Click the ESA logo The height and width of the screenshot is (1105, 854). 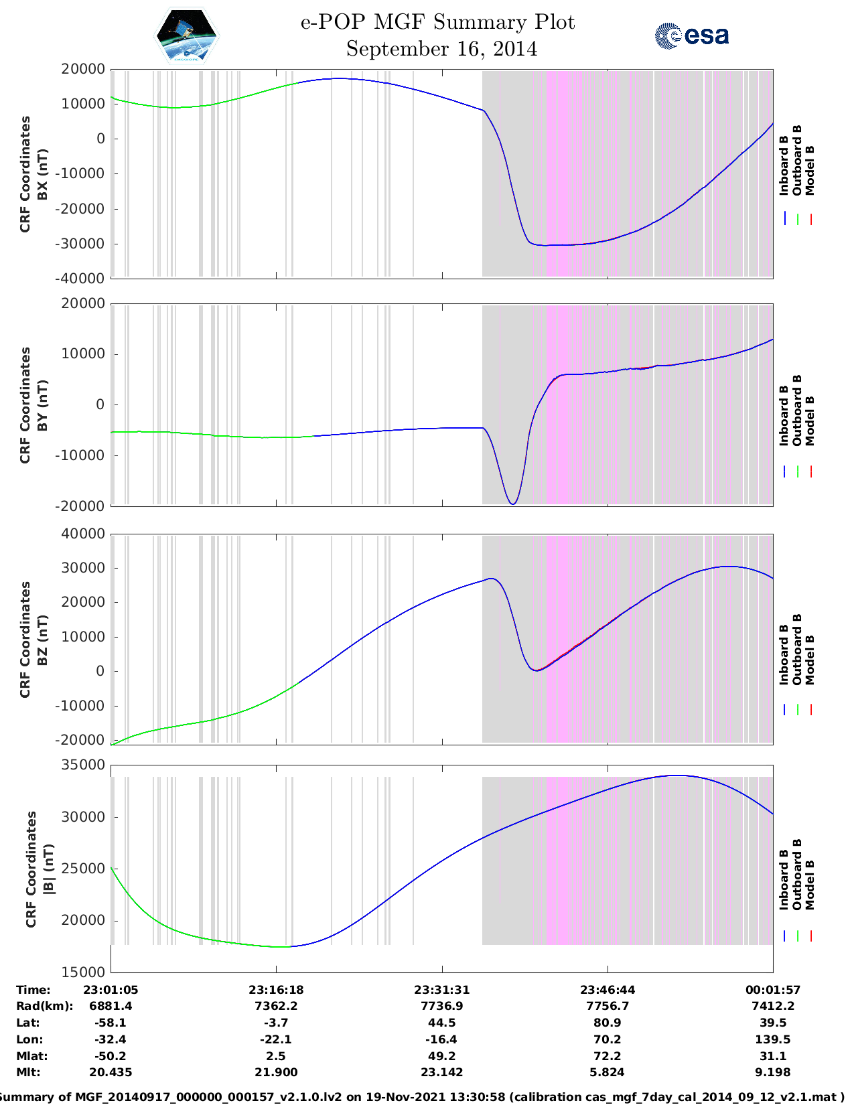(692, 35)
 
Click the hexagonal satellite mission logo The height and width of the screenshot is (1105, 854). (186, 35)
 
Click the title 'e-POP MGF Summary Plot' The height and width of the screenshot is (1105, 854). (438, 22)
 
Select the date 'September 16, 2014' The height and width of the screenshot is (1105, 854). (441, 49)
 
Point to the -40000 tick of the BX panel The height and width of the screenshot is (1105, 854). (79, 279)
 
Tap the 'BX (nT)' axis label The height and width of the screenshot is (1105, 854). (43, 174)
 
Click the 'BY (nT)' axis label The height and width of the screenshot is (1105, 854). (43, 405)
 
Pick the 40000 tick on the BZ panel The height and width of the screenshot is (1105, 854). (83, 534)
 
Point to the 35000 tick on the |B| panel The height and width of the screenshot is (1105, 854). (83, 765)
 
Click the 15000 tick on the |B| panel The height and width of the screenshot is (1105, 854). (83, 972)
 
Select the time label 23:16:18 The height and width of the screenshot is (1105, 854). (276, 990)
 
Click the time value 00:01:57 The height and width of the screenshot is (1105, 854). (773, 990)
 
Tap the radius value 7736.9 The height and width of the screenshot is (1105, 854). (442, 1007)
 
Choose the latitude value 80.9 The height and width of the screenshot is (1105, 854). (608, 1023)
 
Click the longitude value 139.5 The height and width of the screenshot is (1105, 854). (773, 1039)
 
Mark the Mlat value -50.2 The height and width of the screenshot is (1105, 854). (111, 1056)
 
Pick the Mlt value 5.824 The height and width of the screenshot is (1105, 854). (608, 1072)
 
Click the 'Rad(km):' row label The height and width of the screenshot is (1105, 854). (45, 1007)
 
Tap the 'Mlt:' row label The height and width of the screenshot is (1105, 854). (29, 1072)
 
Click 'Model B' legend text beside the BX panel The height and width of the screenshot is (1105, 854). (810, 170)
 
